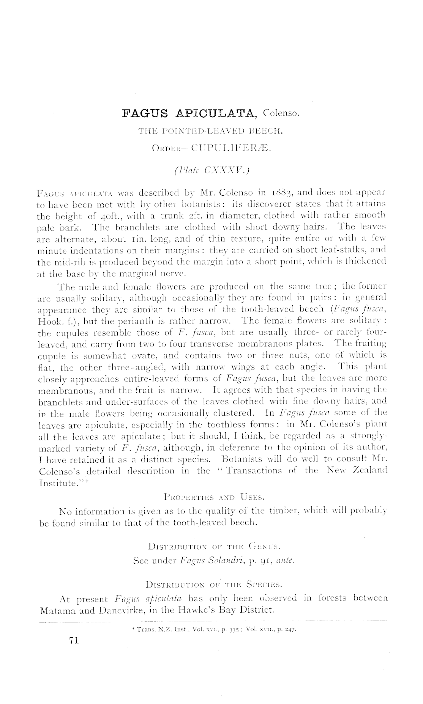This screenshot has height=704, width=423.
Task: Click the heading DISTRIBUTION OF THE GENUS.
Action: pos(214,547)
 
